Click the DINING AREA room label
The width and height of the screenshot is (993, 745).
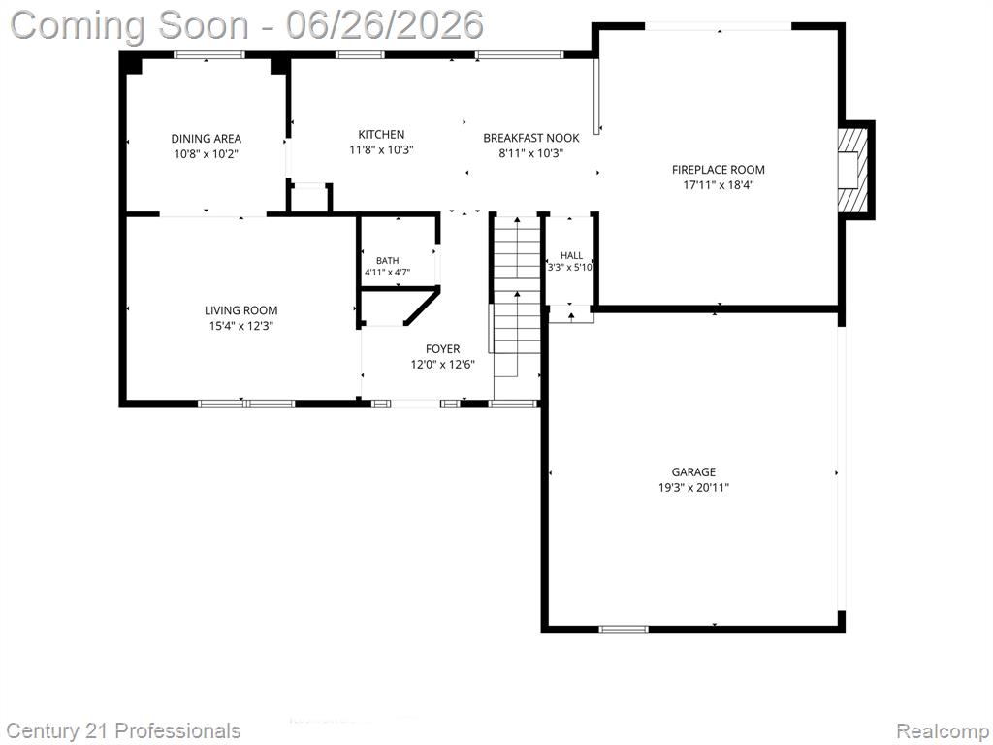[206, 139]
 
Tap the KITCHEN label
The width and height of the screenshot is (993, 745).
[381, 134]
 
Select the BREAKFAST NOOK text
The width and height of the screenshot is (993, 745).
[531, 138]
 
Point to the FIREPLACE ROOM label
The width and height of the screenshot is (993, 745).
[719, 170]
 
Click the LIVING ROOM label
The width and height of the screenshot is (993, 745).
[241, 310]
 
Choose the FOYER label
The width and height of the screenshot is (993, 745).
[442, 349]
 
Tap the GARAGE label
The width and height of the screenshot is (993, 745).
[693, 472]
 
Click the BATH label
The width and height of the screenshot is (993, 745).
[388, 260]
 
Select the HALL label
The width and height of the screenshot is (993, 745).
[572, 255]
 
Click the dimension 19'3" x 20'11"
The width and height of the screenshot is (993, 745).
[693, 488]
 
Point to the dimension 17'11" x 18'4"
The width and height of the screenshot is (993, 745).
[719, 185]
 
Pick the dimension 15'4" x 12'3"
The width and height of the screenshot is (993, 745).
[241, 326]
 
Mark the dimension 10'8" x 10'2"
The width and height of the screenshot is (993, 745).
[206, 154]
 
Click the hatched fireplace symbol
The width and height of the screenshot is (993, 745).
[851, 170]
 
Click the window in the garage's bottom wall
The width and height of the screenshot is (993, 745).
[624, 629]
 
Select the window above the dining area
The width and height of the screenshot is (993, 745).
[209, 55]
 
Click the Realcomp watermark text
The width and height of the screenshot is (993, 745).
[944, 731]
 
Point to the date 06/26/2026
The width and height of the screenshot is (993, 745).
[384, 25]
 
